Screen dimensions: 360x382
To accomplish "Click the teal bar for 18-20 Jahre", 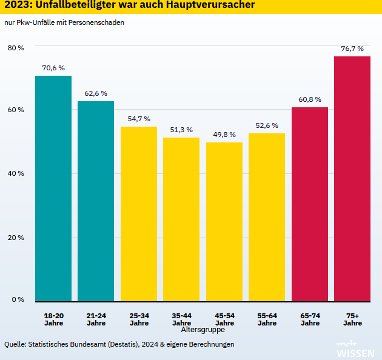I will coord(53,188).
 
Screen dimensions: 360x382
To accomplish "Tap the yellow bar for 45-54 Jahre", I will coord(224,222).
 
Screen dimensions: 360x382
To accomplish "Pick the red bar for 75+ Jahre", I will coord(352,179).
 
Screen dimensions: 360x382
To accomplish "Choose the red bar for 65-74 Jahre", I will coord(310,204).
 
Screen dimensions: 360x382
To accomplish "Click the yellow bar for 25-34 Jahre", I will coord(139,214).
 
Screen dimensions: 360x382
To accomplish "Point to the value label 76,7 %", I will coord(352,48).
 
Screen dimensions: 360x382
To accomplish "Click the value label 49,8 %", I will coord(224,135).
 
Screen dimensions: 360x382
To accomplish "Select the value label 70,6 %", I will coord(53,68).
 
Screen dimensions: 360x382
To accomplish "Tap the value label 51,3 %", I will coord(181,130).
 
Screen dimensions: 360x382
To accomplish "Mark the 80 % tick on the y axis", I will coord(16,47).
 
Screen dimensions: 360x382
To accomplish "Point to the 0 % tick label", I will coord(18,299).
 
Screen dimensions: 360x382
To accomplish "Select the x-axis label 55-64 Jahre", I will coord(267,319).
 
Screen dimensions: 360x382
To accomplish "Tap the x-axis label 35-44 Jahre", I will coord(181,319).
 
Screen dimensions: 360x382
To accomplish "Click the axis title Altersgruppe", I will coord(203,330).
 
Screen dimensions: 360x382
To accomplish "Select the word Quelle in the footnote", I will coord(16,344).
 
